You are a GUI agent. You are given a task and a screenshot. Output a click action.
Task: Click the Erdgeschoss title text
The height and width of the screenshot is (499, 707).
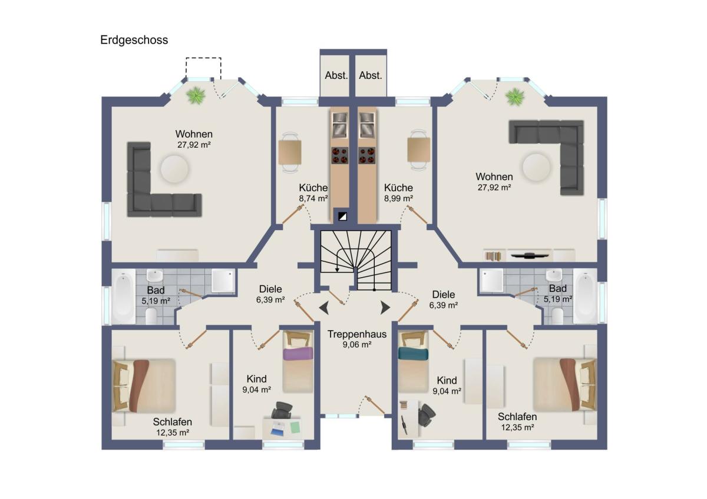point(134,40)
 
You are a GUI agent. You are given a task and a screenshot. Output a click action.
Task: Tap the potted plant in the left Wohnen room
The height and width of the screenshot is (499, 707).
point(196,95)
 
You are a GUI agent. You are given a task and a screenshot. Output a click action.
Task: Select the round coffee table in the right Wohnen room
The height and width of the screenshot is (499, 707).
point(536,167)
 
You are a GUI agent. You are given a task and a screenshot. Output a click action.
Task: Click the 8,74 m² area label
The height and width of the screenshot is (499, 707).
point(313,198)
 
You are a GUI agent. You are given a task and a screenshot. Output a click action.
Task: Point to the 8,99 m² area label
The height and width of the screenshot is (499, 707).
point(398,198)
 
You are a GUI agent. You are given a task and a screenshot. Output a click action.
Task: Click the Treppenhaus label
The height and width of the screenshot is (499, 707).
point(356,334)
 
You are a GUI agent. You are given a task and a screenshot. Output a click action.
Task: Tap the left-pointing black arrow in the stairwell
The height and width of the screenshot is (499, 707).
point(324,308)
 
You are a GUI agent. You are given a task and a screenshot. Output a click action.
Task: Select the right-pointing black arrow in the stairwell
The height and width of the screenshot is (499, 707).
point(385,308)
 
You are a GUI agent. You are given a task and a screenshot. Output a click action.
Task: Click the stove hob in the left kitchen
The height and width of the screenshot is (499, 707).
point(339,155)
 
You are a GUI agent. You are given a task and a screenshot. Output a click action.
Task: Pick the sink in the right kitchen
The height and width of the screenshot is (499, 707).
point(367,125)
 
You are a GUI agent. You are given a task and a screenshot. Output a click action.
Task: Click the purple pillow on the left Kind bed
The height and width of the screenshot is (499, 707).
point(298,354)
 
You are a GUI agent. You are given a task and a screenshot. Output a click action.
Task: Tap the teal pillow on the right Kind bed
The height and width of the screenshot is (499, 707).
point(413,353)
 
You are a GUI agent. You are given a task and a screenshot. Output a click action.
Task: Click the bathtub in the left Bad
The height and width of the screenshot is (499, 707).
point(124,297)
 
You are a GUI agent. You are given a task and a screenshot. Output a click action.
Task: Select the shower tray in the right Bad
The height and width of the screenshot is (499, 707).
point(491,280)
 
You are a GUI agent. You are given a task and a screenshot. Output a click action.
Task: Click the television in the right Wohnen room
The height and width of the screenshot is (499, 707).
point(530,255)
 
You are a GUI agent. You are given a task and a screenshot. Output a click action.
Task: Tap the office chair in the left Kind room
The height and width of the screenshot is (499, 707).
point(282,410)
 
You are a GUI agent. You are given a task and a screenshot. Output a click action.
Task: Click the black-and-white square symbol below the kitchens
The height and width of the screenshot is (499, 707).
point(342,217)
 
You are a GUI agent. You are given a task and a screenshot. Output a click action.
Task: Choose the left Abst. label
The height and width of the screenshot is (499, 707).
point(336,76)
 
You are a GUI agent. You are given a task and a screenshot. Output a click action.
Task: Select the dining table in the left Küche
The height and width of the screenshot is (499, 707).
point(290,152)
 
